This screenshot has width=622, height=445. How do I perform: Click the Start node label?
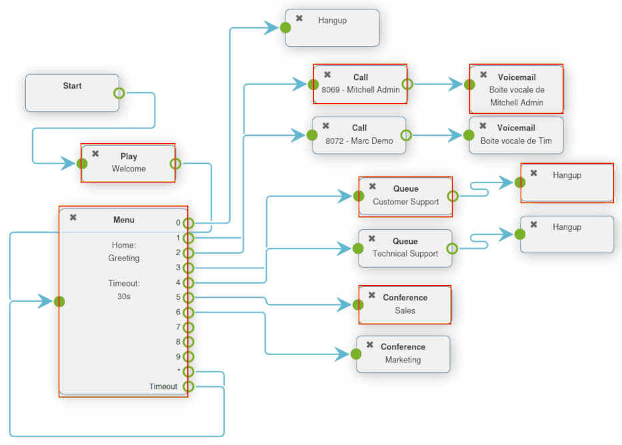pos(72,86)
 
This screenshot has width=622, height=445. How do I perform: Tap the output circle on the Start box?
pos(119,93)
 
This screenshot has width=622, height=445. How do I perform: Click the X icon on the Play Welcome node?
pos(95,153)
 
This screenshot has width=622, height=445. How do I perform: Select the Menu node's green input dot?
pos(59,301)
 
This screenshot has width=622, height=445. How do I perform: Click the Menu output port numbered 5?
pos(189,297)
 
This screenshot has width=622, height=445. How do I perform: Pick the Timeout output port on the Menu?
pos(189,386)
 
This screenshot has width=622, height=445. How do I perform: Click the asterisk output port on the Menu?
pos(189,372)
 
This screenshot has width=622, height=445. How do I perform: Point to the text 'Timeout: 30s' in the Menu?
pos(123,290)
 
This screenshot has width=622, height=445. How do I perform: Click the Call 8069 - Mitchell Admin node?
pos(360,84)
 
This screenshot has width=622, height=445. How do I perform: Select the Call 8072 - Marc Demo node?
pos(359,135)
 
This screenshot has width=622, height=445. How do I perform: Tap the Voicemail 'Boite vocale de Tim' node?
pos(516,135)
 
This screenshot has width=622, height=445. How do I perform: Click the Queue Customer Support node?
pos(405,196)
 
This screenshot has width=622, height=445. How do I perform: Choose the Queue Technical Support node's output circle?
pos(452,248)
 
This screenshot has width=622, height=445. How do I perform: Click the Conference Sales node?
pos(405,304)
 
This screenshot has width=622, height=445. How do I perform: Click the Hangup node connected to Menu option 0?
pos(332,28)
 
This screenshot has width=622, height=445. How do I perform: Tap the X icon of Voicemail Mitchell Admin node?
pos(483,75)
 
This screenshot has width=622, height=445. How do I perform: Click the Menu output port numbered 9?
pos(189,356)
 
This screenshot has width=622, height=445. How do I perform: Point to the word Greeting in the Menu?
pos(123,258)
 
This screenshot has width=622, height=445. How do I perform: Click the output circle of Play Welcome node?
pos(175,163)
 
